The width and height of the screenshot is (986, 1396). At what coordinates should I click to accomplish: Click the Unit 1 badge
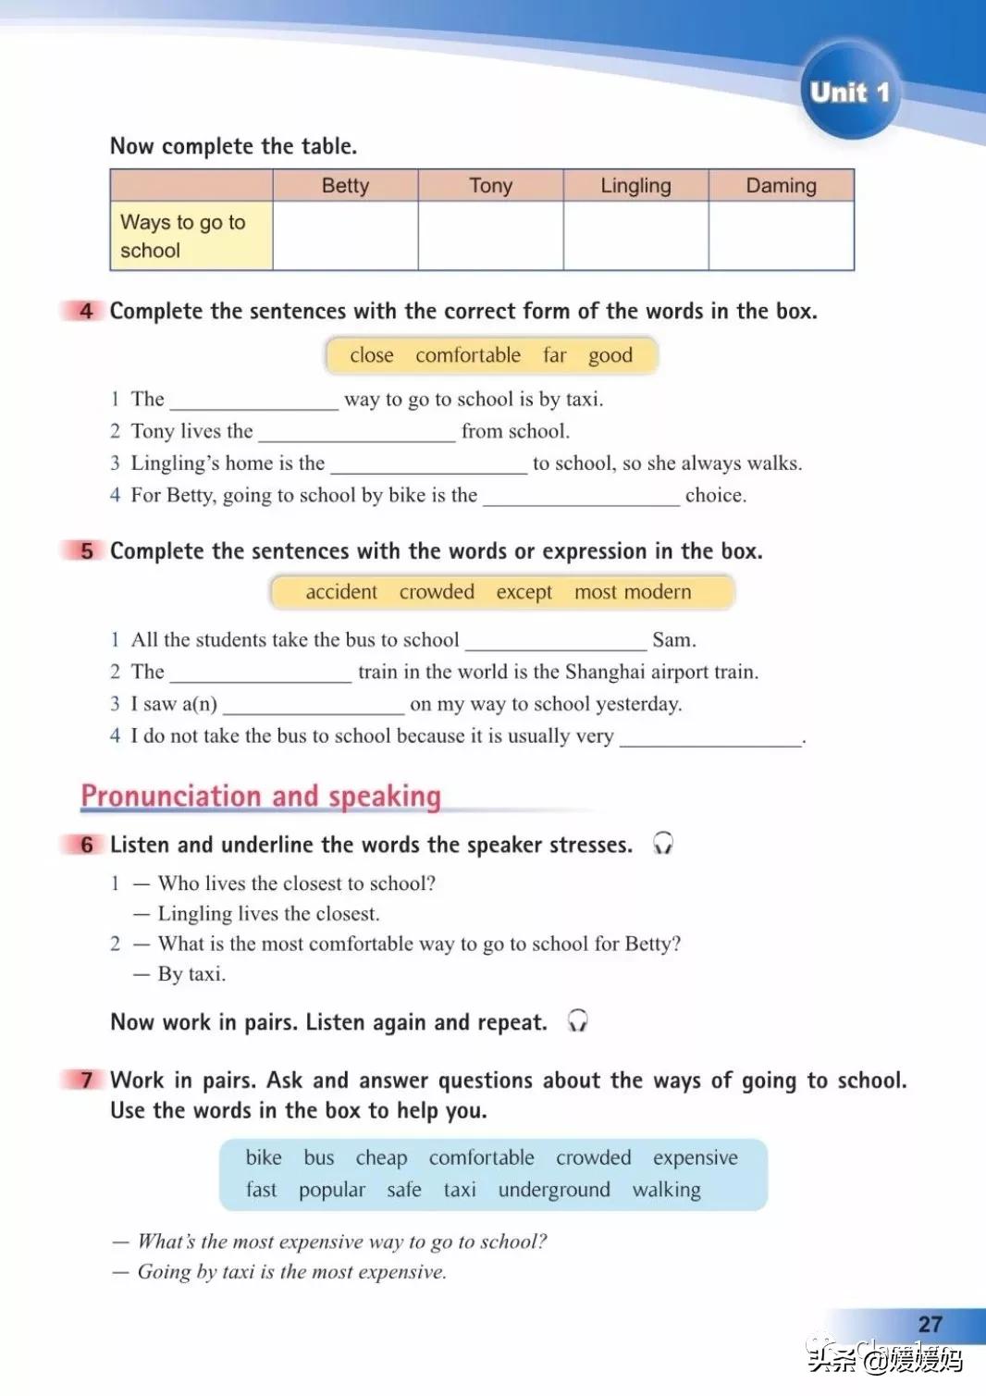point(849,92)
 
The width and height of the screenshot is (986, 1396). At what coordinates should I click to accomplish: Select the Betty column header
point(345,186)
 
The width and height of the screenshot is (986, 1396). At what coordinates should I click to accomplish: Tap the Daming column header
point(781,186)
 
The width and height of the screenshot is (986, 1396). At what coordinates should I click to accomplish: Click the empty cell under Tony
point(490,235)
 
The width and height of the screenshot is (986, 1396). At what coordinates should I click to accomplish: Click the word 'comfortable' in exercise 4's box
point(468,355)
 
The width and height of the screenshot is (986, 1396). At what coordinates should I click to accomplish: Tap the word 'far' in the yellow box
point(554,355)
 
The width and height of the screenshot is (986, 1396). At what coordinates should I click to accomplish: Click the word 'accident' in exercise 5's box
point(341,592)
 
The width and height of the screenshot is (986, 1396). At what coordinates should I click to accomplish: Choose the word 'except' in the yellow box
point(524,592)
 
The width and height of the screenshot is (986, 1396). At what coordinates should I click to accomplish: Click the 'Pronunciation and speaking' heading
point(261,796)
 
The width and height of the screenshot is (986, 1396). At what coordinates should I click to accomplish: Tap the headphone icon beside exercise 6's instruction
point(662,843)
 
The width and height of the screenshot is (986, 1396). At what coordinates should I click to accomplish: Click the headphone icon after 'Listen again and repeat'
point(577,1020)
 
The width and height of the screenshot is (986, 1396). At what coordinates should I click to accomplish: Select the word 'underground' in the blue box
point(554,1190)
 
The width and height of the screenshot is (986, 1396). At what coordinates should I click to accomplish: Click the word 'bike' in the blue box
point(264,1157)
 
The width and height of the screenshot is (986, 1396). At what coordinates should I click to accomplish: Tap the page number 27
point(930,1324)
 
